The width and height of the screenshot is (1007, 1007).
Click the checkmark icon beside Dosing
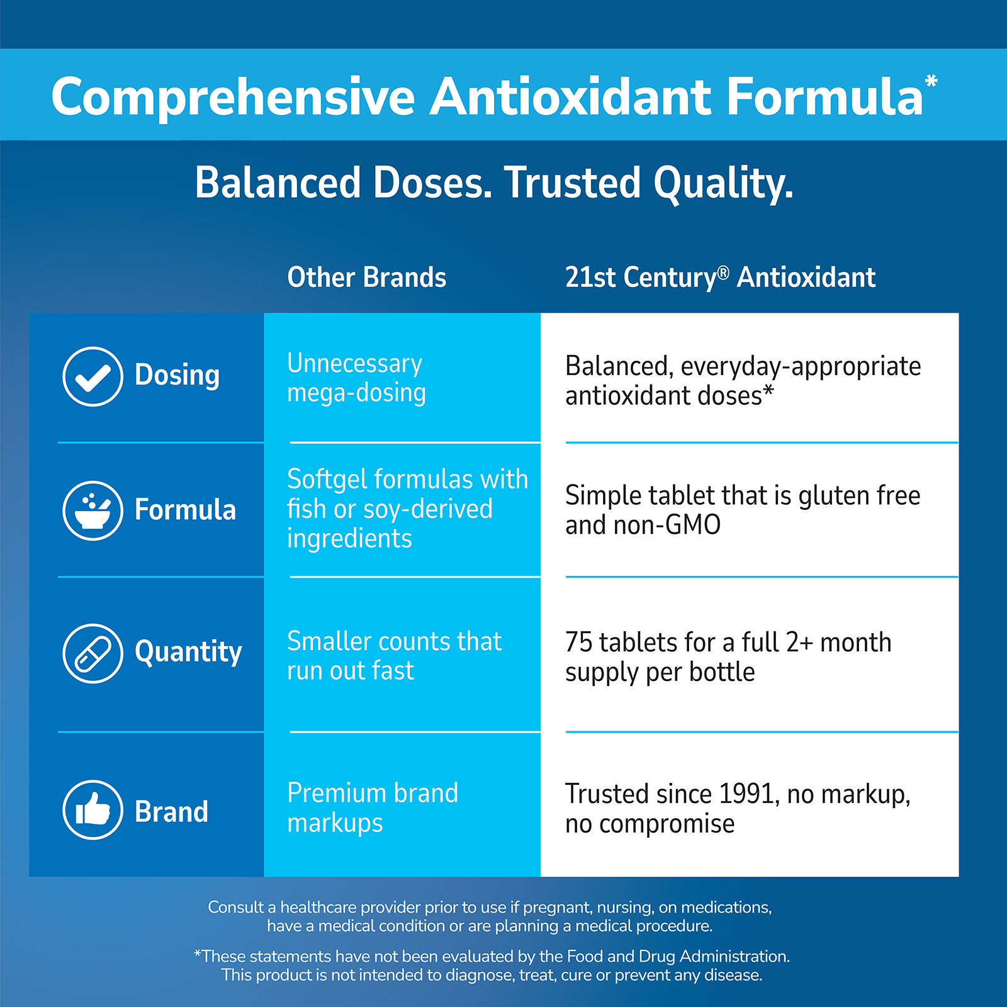[x=93, y=376]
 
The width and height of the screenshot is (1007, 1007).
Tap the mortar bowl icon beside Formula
[x=93, y=510]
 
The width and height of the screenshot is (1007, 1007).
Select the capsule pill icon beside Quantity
[x=93, y=653]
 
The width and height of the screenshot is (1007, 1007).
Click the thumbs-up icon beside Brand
[x=93, y=810]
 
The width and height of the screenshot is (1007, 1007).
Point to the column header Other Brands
[x=367, y=278]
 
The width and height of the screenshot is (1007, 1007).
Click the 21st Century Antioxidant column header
[x=720, y=278]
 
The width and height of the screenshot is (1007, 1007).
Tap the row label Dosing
[x=177, y=375]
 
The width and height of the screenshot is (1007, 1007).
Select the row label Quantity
[x=188, y=652]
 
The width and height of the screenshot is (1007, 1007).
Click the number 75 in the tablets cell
[x=578, y=643]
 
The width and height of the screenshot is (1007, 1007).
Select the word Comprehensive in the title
[x=233, y=98]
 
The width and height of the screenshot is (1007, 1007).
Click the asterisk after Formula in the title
[x=931, y=81]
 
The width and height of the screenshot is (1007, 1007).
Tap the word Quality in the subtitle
[x=723, y=184]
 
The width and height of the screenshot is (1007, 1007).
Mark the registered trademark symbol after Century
[x=723, y=272]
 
